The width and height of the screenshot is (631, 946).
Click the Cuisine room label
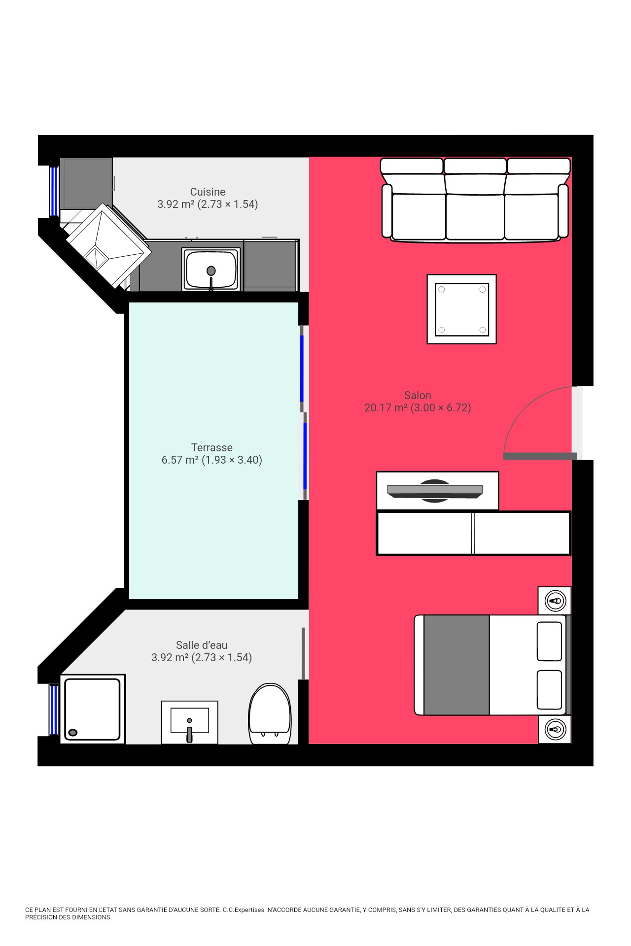pyautogui.click(x=208, y=192)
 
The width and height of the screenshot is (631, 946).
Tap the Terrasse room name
pyautogui.click(x=212, y=447)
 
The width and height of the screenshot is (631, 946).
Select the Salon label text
pyautogui.click(x=418, y=395)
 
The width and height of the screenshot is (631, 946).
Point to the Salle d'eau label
pyautogui.click(x=202, y=645)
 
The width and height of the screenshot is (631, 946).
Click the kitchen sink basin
pyautogui.click(x=211, y=270)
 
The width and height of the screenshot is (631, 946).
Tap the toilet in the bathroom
pyautogui.click(x=270, y=713)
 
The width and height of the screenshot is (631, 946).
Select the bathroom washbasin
pyautogui.click(x=190, y=722)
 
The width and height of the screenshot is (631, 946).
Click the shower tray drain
pyautogui.click(x=73, y=733)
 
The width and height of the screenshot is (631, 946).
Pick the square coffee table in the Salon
pyautogui.click(x=461, y=309)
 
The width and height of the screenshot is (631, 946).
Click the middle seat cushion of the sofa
pyautogui.click(x=475, y=216)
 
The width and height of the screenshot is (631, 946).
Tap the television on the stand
pyautogui.click(x=435, y=491)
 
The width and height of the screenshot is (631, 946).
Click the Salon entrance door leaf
pyautogui.click(x=540, y=456)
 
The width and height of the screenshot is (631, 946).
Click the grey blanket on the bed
pyautogui.click(x=456, y=665)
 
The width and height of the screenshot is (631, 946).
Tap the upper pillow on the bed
pyautogui.click(x=549, y=641)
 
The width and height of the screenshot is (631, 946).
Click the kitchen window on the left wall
pyautogui.click(x=54, y=192)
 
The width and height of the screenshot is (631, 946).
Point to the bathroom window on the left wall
pyautogui.click(x=54, y=709)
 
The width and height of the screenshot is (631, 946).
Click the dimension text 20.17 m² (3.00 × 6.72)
pyautogui.click(x=418, y=407)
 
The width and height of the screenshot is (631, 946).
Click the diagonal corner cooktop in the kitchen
pyautogui.click(x=108, y=245)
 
